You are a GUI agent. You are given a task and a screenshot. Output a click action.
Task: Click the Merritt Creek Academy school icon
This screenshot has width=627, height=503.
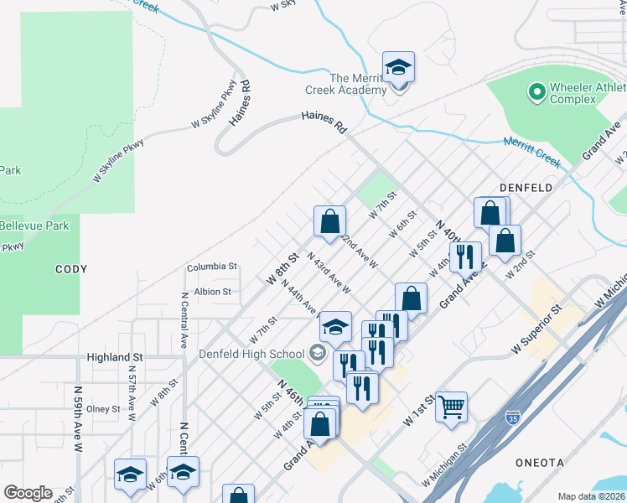tap(399, 67)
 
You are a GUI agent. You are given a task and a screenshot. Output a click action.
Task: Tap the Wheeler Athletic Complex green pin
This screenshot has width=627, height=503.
tap(536, 89)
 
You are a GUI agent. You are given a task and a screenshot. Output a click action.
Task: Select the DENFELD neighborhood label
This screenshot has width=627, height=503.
tap(526, 188)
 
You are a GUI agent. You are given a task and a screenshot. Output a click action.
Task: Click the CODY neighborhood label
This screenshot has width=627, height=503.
tap(71, 269)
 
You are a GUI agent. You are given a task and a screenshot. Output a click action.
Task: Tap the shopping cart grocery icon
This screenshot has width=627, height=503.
tap(452, 407)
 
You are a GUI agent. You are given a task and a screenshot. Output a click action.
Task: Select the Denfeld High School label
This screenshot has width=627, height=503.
tap(251, 353)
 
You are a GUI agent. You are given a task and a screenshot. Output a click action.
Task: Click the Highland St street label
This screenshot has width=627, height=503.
tap(115, 357)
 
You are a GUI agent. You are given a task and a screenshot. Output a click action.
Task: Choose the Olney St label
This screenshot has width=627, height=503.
tap(104, 409)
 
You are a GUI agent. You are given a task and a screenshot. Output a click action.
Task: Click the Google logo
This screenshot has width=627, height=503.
tap(28, 492)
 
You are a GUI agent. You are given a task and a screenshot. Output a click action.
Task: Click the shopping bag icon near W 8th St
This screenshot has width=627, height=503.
tap(330, 221)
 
